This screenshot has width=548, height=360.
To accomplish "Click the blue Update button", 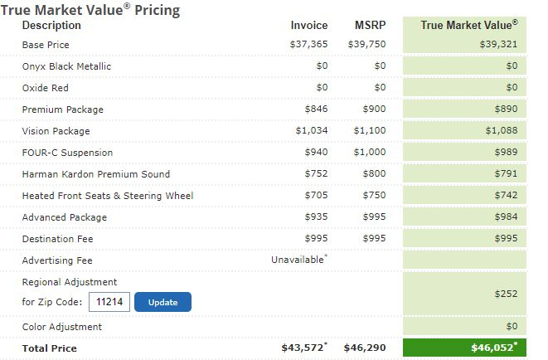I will click(162, 302).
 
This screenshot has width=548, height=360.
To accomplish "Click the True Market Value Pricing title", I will click(90, 10).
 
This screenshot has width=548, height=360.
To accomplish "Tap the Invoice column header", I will click(309, 26).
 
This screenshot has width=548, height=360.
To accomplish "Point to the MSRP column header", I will click(371, 26).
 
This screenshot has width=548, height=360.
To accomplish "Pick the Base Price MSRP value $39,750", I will click(367, 45).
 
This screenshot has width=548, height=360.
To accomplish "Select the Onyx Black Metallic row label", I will click(66, 66).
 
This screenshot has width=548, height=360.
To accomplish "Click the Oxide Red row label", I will click(46, 88).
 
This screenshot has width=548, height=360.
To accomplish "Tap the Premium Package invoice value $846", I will click(317, 109).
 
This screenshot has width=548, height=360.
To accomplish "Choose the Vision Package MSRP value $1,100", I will click(370, 131).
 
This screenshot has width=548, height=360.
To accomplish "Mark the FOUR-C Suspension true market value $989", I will click(505, 153).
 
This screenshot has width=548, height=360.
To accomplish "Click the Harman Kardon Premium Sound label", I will click(96, 174).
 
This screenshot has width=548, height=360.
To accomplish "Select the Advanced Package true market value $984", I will click(505, 217).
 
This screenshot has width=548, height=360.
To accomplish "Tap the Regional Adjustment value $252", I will click(506, 294).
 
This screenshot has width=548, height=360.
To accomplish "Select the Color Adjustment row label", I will click(62, 327).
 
